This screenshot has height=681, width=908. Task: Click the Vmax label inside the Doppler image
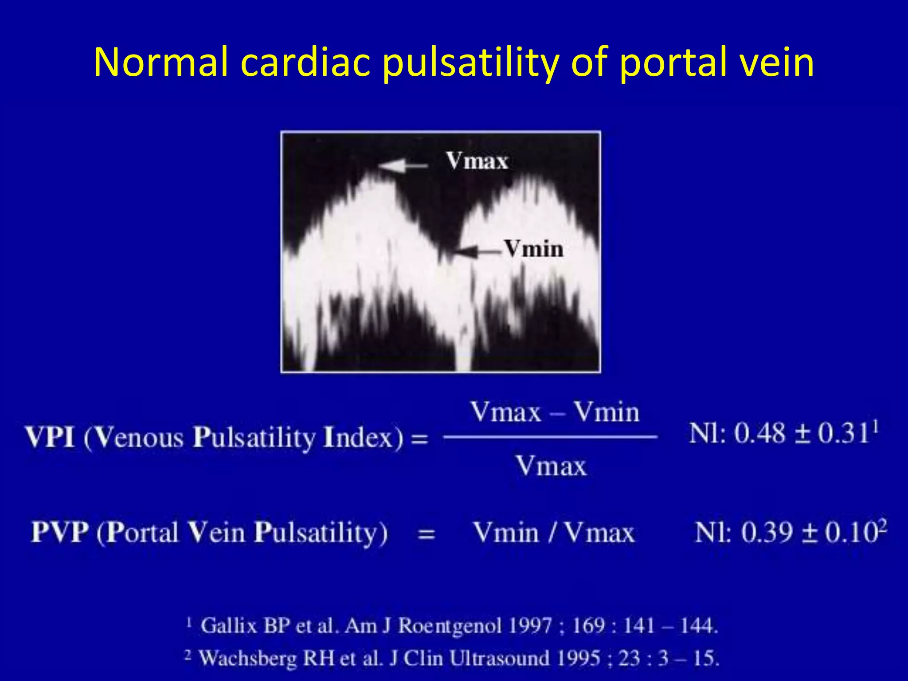coord(477,160)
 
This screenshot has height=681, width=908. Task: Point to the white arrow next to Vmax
coord(403,166)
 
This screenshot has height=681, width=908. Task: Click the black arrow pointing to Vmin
coord(477,252)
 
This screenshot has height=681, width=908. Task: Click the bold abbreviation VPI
coord(50,437)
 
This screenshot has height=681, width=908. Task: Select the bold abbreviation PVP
coord(59,532)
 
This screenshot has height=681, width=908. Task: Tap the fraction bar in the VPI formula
coord(550,437)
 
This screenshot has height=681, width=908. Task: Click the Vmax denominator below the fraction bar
coord(551,466)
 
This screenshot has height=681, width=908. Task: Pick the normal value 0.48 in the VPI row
coord(759,434)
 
